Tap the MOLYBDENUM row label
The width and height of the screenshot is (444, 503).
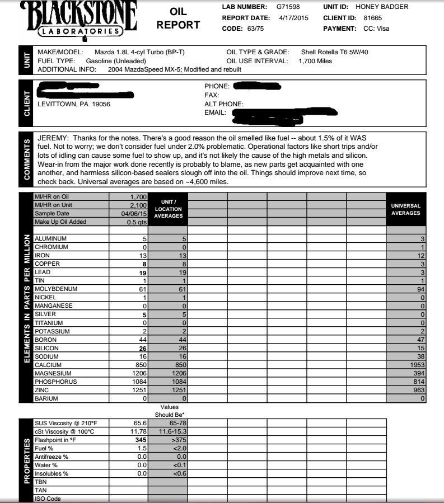click(x=58, y=289)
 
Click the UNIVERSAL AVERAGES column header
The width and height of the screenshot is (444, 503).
click(x=406, y=210)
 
